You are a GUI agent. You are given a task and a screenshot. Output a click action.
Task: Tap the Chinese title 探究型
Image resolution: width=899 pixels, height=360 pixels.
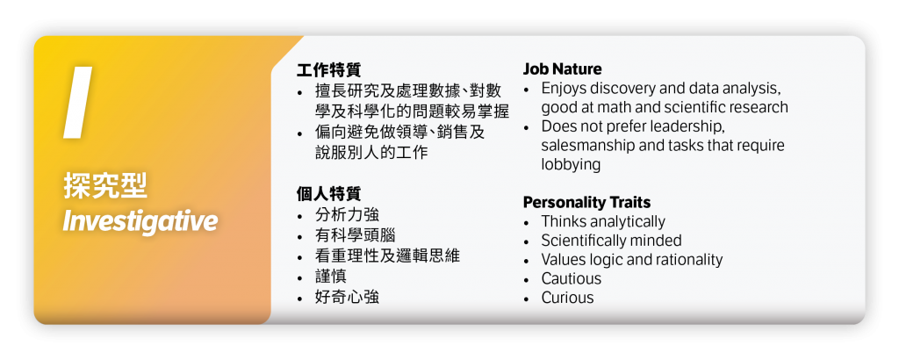click(x=105, y=186)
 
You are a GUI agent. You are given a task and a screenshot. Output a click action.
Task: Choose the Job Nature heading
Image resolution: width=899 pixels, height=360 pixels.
click(x=563, y=68)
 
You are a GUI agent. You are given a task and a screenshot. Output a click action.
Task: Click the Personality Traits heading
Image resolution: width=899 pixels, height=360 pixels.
click(x=586, y=202)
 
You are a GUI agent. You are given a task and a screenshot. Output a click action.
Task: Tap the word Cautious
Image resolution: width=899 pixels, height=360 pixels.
click(x=572, y=278)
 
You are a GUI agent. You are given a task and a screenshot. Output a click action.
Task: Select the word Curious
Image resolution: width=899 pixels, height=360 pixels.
click(x=567, y=298)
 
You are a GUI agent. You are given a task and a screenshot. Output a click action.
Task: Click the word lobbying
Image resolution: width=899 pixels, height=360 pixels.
click(x=571, y=164)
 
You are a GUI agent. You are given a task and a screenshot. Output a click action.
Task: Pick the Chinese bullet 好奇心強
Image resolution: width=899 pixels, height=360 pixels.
click(x=347, y=297)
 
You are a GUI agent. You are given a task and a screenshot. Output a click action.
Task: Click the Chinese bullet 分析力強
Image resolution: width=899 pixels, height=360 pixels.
click(x=347, y=215)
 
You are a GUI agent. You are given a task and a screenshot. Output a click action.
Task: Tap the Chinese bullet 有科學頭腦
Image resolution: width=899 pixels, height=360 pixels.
click(x=355, y=235)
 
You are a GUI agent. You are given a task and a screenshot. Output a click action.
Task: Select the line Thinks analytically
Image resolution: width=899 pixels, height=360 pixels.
click(x=603, y=221)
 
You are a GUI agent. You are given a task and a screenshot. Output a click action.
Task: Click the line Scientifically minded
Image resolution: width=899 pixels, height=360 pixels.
click(x=611, y=241)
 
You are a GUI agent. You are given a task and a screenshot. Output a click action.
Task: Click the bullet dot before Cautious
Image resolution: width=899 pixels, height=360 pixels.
click(x=527, y=279)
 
